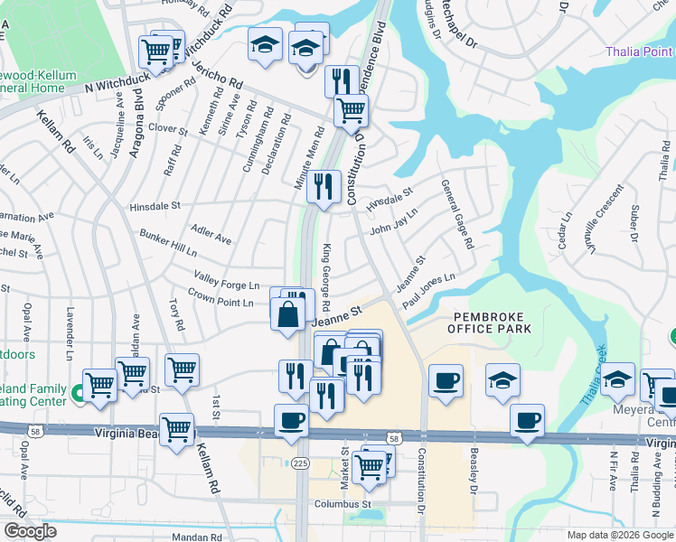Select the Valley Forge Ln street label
click(x=226, y=278)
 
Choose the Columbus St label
click(x=342, y=503)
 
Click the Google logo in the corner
click(x=30, y=531)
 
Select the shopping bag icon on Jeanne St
click(x=287, y=316)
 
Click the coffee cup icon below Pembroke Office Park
click(x=445, y=381)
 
